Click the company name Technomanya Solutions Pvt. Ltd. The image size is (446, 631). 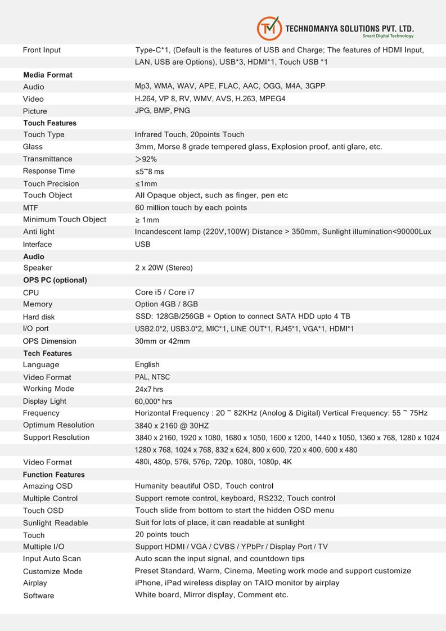350,27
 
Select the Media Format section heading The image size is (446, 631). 48,75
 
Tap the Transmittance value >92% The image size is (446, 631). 146,159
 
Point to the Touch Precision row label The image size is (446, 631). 51,184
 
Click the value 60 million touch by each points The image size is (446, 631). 191,208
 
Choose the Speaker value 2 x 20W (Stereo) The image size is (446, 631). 164,268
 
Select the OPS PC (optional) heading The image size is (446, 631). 55,280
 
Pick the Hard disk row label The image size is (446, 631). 39,317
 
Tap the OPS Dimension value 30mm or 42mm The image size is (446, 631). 163,341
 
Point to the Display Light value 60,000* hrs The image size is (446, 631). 154,402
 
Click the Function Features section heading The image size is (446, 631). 54,475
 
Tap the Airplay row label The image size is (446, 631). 35,583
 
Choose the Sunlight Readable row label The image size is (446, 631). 56,523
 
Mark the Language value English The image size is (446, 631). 147,365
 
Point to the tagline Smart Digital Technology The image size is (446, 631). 388,36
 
